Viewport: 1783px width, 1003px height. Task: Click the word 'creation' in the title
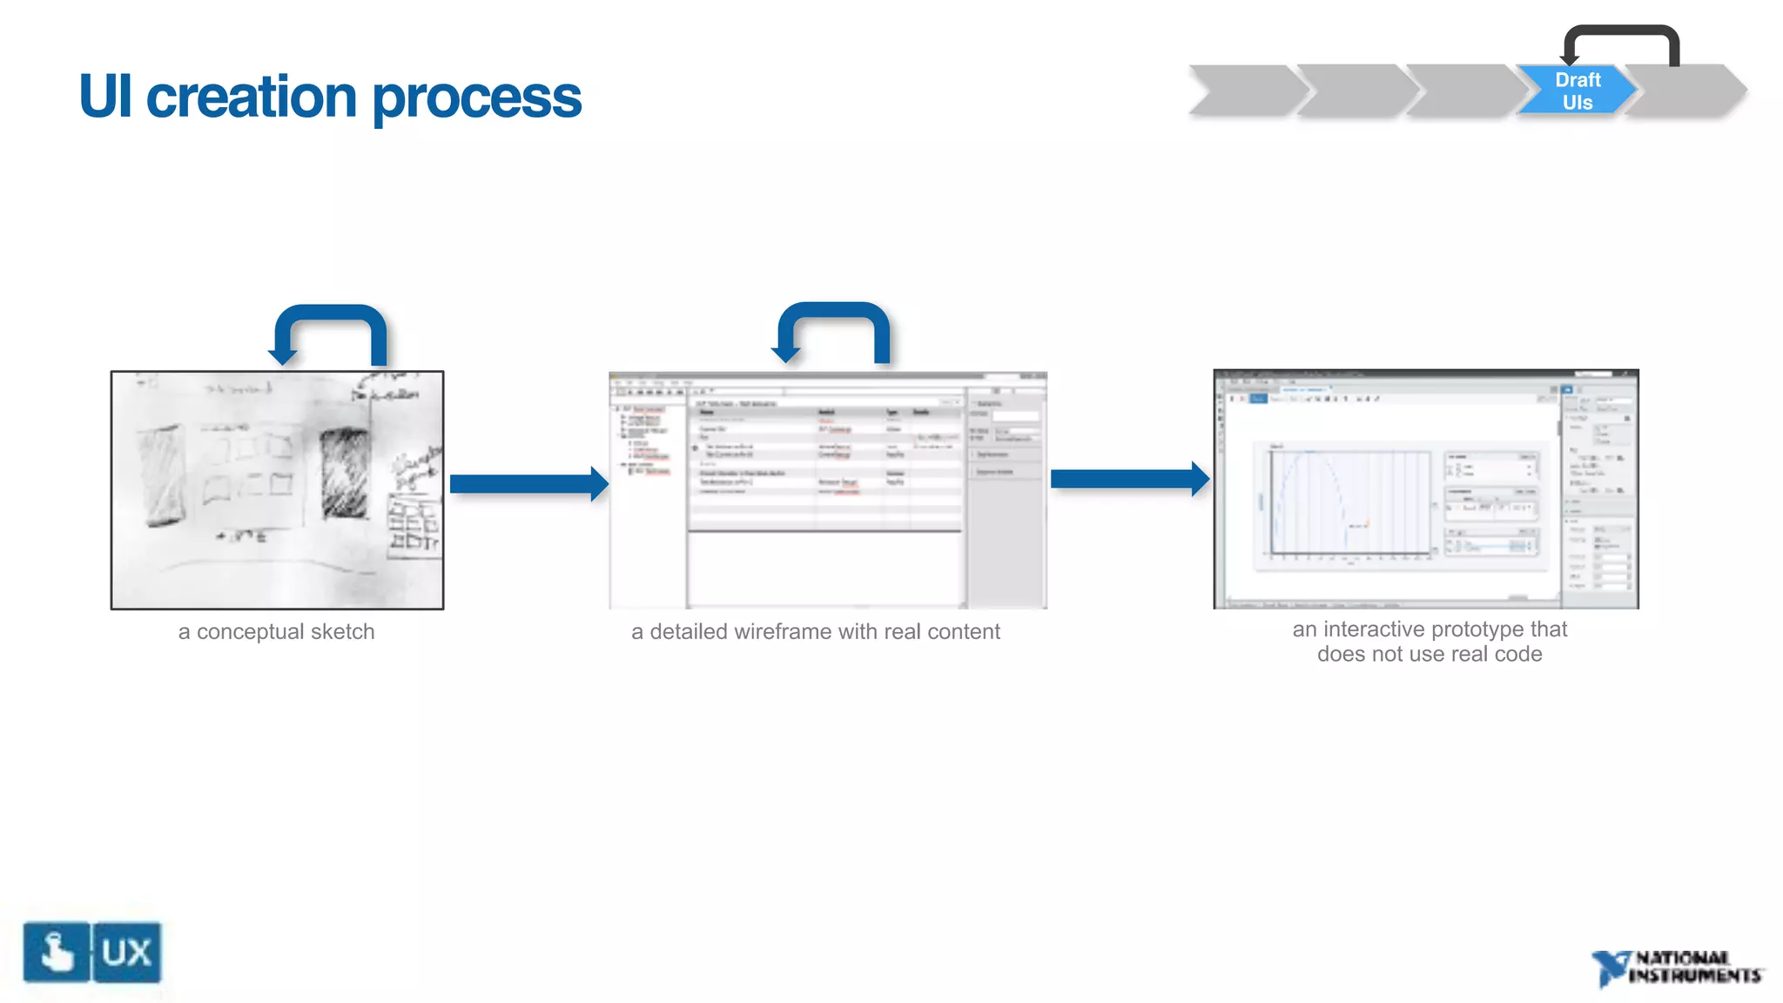click(251, 97)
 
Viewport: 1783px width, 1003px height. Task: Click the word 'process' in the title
click(476, 98)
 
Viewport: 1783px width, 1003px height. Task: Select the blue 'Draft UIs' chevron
click(1576, 91)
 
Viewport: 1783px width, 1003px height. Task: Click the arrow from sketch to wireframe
click(527, 484)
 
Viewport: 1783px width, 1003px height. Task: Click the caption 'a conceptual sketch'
click(276, 632)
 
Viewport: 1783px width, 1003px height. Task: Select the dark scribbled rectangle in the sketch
click(345, 473)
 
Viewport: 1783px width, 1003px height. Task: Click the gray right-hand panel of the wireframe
click(1006, 522)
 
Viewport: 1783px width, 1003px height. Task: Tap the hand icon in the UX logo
click(57, 953)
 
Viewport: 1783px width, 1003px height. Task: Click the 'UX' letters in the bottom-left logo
click(127, 953)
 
